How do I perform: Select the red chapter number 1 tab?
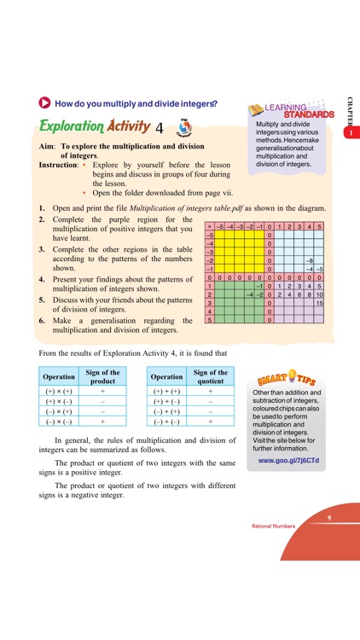[x=349, y=133]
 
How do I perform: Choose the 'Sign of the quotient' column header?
[x=210, y=376]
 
